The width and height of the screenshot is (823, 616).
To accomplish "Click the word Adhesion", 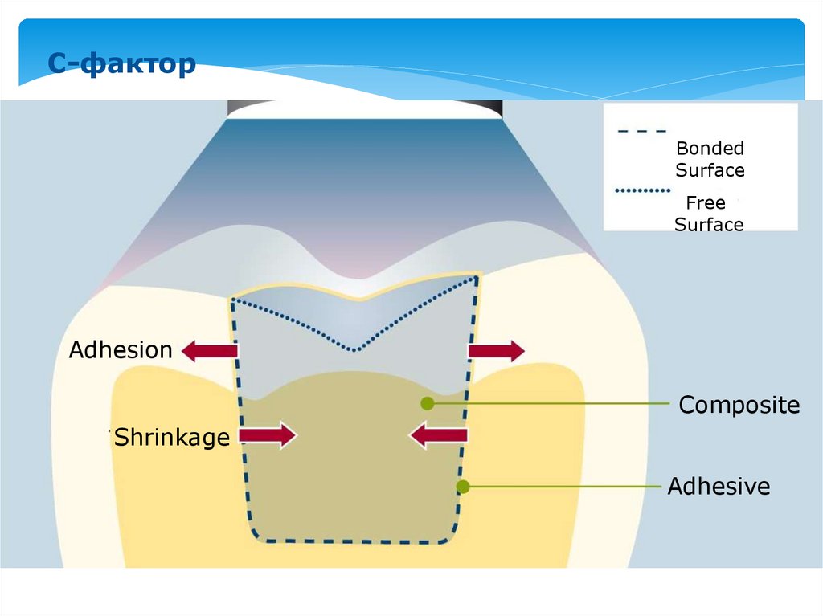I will click(x=121, y=350).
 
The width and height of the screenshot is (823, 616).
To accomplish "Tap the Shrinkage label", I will click(x=171, y=438).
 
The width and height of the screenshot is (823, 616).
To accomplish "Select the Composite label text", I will click(x=739, y=405).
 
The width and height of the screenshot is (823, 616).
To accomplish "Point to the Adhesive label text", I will click(x=719, y=487).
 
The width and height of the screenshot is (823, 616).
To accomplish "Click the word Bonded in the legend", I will click(x=710, y=149).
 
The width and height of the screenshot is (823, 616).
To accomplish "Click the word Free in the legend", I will click(x=706, y=203).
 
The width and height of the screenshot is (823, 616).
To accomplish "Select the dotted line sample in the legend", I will click(x=642, y=191).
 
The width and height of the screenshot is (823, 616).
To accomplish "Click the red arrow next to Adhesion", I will click(x=210, y=351).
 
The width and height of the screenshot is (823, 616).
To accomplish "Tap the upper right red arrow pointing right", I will click(x=496, y=351).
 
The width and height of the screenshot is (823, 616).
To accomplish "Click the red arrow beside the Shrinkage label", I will click(x=268, y=436).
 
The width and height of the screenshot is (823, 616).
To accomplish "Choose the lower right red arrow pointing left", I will click(x=438, y=436).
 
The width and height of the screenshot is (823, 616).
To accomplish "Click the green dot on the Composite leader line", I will click(x=427, y=403).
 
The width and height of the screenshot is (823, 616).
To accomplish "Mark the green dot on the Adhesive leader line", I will click(x=462, y=487).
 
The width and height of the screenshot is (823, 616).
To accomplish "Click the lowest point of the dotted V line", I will click(x=354, y=349).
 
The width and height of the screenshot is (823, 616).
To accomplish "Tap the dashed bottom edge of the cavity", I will click(x=354, y=541).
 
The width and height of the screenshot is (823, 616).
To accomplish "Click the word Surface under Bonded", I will click(x=710, y=170).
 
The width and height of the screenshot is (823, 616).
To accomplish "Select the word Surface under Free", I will click(x=709, y=225).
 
